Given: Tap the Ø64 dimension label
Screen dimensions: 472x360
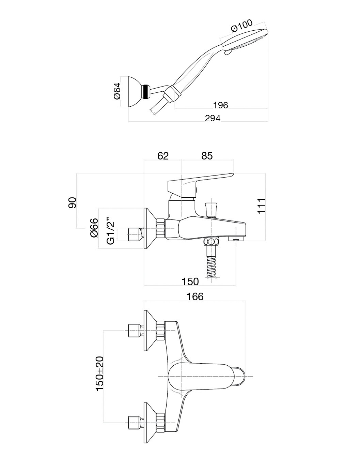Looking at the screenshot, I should [x=117, y=91].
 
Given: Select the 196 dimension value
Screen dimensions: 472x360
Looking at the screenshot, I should [x=220, y=105].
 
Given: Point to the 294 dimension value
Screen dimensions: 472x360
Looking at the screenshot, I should [x=213, y=118].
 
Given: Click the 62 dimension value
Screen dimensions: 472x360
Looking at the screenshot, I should [x=163, y=156].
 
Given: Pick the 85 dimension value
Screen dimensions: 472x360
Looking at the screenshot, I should [x=207, y=156].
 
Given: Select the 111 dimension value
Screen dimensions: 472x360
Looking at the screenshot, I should [x=261, y=205].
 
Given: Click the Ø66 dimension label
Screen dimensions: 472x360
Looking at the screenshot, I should [x=94, y=228].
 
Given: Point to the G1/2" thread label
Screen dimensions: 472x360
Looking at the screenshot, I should [x=110, y=231].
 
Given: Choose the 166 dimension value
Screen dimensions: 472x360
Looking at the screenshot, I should [x=195, y=296].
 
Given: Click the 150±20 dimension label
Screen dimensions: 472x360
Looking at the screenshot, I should [x=99, y=374].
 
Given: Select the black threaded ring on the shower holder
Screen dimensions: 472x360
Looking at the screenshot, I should [x=147, y=92].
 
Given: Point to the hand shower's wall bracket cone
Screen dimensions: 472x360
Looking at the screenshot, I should [x=135, y=91].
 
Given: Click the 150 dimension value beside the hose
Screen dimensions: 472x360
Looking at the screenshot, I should [x=190, y=281].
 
